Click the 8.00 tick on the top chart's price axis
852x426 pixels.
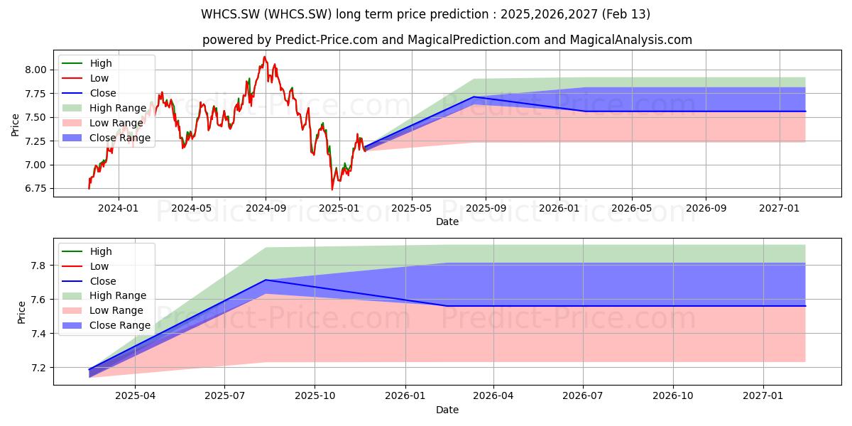tap(35, 70)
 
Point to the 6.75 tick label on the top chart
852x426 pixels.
tap(35, 189)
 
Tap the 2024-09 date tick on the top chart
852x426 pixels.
tap(266, 208)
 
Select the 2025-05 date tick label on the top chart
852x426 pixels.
tap(412, 208)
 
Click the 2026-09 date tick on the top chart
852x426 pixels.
tap(706, 208)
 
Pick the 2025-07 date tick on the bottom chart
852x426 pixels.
tap(224, 395)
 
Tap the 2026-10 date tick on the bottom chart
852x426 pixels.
tap(673, 395)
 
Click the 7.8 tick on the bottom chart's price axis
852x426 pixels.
tap(38, 266)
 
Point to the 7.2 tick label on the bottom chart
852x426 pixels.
tap(38, 368)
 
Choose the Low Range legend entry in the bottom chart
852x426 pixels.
tap(103, 310)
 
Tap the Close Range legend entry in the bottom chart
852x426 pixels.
tap(106, 325)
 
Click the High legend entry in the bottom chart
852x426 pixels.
tap(87, 251)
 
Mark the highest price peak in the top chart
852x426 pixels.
tap(264, 57)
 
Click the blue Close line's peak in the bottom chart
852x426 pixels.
tap(266, 280)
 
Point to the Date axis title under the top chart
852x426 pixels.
tap(447, 222)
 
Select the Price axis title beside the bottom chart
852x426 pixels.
tap(21, 312)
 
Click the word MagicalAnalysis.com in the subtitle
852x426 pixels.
tap(630, 40)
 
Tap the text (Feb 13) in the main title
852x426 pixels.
tap(626, 14)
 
